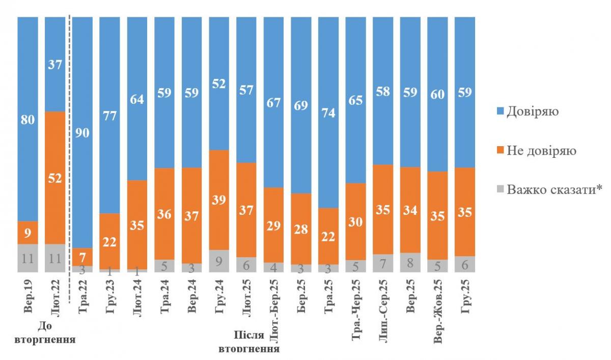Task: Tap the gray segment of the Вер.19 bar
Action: (x=27, y=258)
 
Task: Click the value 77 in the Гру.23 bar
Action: (x=110, y=116)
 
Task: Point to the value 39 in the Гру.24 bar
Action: (x=219, y=200)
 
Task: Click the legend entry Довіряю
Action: (x=532, y=112)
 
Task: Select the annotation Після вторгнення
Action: (x=248, y=342)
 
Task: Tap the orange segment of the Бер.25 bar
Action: (x=301, y=229)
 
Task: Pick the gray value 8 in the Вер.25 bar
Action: (x=411, y=263)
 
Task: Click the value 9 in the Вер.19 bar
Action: (x=27, y=233)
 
